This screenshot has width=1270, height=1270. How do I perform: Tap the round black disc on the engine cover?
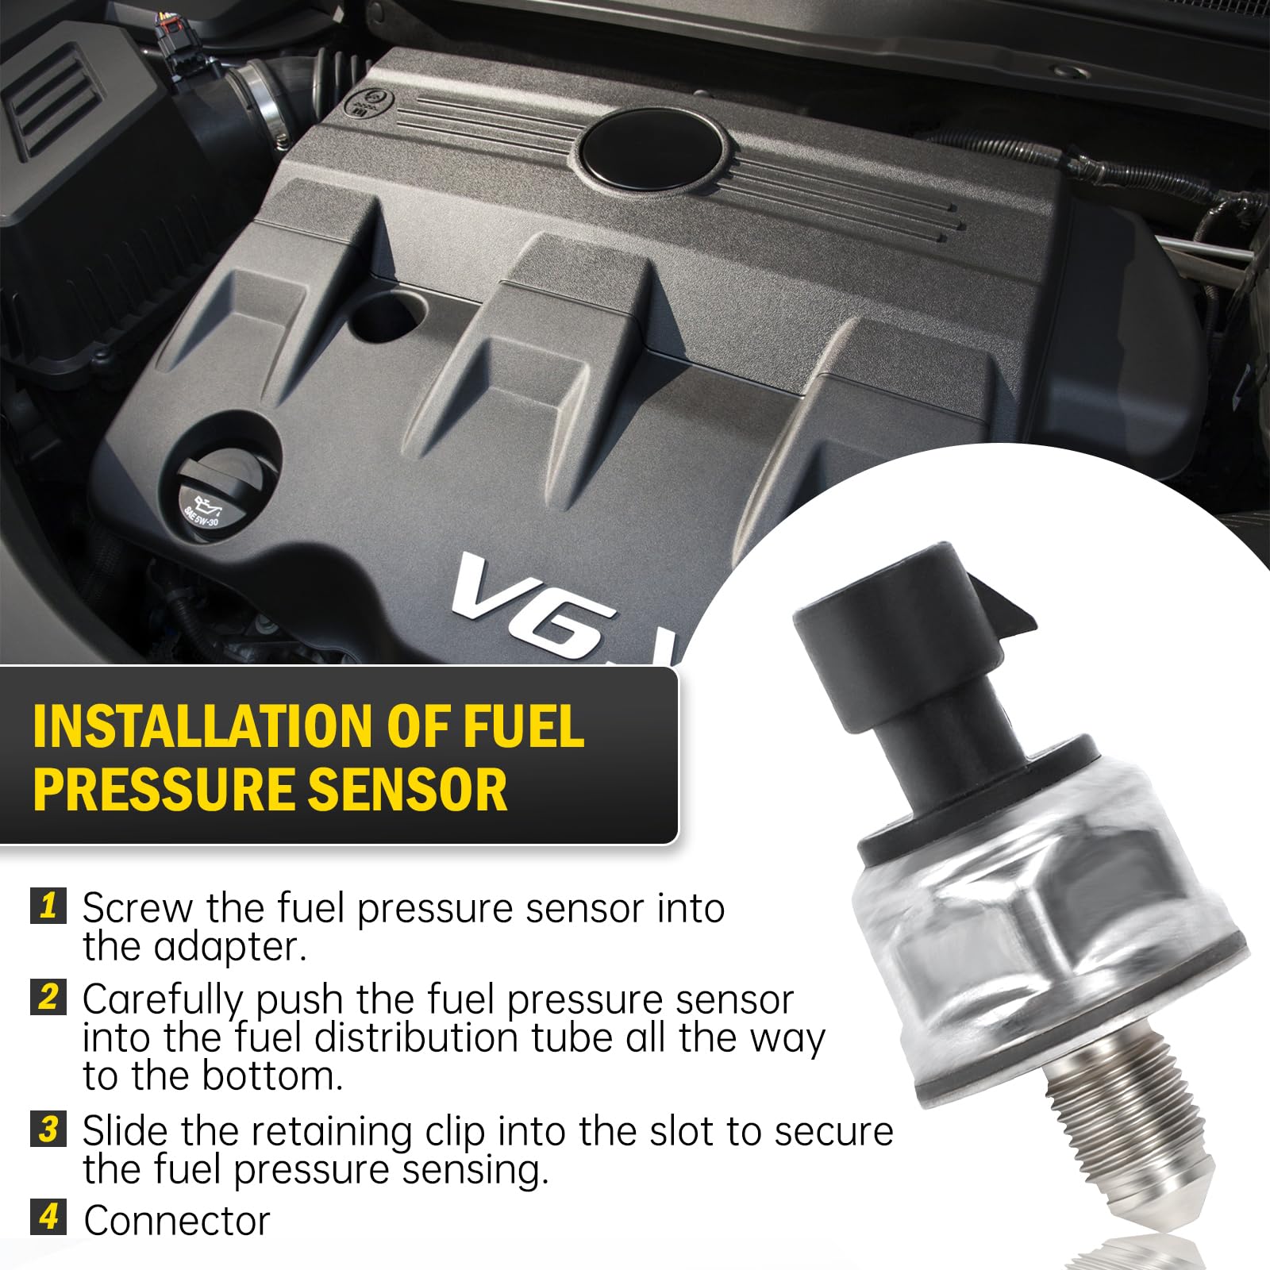pyautogui.click(x=651, y=150)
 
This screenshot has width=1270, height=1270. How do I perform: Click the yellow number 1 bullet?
pyautogui.click(x=48, y=906)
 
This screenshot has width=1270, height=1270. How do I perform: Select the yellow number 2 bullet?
pyautogui.click(x=48, y=997)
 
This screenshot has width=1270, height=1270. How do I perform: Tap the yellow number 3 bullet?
pyautogui.click(x=48, y=1128)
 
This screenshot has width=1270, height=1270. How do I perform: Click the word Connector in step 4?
pyautogui.click(x=177, y=1221)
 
